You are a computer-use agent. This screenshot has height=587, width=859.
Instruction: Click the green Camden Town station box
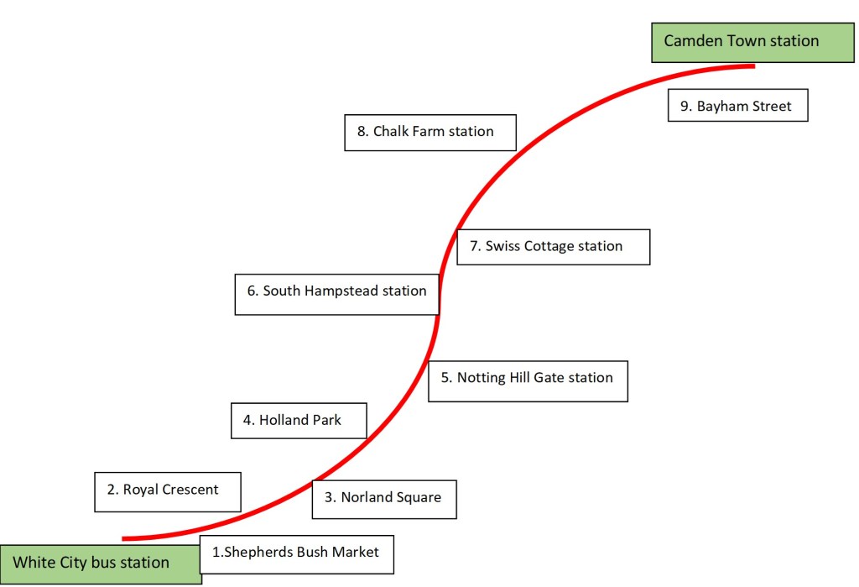(741, 42)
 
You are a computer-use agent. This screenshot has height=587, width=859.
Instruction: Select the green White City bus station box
(101, 563)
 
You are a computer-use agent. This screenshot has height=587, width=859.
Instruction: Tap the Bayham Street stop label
(737, 106)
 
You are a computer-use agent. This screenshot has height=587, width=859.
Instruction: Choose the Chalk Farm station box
(429, 132)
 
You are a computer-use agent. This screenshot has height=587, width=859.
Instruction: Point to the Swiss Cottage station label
(553, 247)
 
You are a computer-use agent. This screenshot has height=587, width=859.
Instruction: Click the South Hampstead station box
(336, 293)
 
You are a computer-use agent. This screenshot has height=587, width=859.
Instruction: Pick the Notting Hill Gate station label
(527, 381)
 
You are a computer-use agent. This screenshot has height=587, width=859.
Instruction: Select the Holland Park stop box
(299, 420)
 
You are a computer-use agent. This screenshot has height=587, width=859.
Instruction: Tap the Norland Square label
(384, 498)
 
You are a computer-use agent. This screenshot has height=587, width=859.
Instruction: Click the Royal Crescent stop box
(168, 491)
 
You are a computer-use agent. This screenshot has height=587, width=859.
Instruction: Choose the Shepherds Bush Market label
(296, 553)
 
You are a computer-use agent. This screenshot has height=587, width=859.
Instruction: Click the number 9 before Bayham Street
(685, 107)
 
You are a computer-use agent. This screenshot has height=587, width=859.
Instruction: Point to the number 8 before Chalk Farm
(362, 132)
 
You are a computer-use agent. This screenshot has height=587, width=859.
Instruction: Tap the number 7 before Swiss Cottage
(475, 247)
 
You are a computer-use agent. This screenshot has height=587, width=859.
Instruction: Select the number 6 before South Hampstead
(252, 291)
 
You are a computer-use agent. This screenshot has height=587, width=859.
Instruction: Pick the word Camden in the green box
(693, 40)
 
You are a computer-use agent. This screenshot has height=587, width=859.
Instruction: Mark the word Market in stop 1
(353, 553)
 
